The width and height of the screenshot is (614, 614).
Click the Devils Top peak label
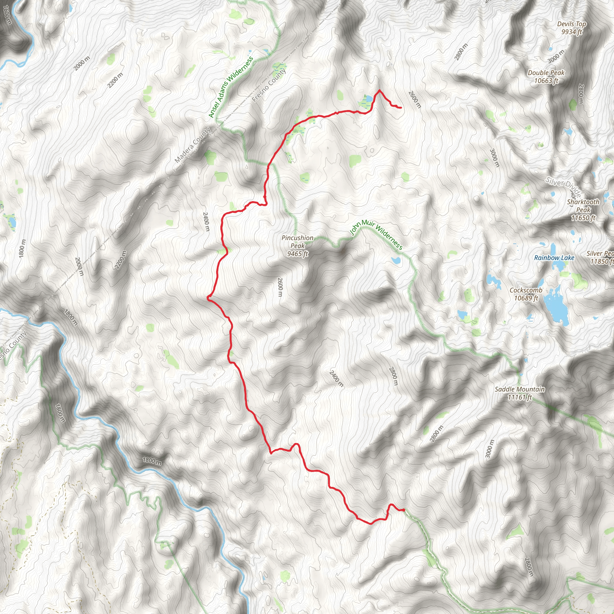(571, 28)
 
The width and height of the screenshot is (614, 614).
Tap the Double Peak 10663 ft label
(546, 76)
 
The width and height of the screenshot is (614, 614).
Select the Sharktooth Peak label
(583, 210)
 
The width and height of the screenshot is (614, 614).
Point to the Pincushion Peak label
(297, 246)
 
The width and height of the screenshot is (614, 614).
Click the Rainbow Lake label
(554, 258)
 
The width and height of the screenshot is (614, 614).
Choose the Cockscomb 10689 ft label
(526, 294)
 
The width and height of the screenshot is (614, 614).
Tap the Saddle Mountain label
(520, 393)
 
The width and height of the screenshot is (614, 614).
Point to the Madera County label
(192, 145)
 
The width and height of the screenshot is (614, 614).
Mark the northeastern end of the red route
(401, 108)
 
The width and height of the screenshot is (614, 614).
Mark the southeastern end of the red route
(404, 510)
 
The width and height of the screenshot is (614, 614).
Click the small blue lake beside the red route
(369, 99)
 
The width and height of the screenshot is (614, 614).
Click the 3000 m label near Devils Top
(556, 56)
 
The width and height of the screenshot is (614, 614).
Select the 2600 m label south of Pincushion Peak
(280, 287)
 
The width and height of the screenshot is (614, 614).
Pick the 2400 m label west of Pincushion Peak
(206, 222)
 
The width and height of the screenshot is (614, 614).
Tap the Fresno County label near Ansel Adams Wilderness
(269, 85)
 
